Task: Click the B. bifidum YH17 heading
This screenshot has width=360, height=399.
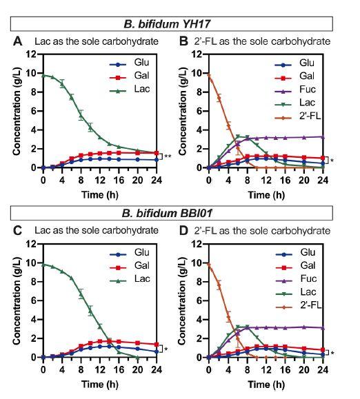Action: [167, 24]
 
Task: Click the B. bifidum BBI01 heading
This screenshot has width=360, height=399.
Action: [167, 213]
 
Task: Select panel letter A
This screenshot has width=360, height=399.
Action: [17, 41]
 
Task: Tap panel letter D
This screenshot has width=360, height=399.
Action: [183, 231]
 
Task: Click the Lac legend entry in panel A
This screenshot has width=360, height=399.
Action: [130, 89]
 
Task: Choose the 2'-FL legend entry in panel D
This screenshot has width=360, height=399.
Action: [299, 305]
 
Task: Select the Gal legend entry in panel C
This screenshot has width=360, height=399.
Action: [130, 266]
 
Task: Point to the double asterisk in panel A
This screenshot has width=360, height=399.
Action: [168, 156]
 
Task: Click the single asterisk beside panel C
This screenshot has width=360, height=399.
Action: [166, 349]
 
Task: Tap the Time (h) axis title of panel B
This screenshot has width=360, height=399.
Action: [266, 195]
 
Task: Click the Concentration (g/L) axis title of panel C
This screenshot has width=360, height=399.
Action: [17, 300]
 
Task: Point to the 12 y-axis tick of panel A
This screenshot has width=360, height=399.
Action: [32, 54]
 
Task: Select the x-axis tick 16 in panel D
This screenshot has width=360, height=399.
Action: [285, 370]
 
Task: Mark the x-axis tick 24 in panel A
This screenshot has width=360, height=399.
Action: [157, 181]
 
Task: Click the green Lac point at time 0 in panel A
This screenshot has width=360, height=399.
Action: [43, 76]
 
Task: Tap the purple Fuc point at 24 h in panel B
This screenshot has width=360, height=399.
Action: [323, 137]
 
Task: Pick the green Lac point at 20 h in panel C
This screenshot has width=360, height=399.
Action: [137, 357]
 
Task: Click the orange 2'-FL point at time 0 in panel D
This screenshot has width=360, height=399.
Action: [209, 265]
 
